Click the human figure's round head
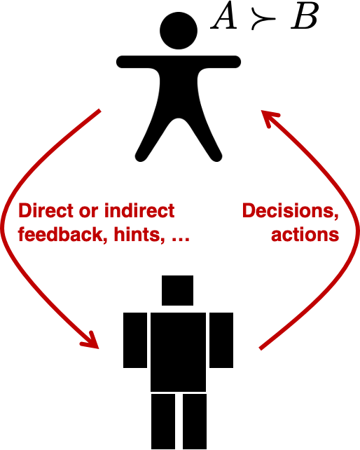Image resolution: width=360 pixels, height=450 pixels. (x=179, y=30)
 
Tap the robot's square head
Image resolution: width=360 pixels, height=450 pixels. (x=177, y=290)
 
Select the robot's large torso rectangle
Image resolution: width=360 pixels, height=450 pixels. (x=178, y=352)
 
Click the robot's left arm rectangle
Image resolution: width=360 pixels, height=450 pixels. (x=135, y=341)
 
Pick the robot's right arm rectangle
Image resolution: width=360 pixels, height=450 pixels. (x=221, y=341)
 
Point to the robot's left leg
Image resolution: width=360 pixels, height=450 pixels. (x=163, y=421)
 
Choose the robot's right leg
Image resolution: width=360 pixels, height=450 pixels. (x=195, y=421)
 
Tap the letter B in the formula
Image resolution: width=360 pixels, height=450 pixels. (x=304, y=18)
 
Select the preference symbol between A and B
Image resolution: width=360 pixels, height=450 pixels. (x=263, y=20)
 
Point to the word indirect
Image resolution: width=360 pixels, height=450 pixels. (x=139, y=211)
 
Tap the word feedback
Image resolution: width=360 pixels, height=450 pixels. (x=60, y=235)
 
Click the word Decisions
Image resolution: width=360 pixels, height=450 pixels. (x=291, y=211)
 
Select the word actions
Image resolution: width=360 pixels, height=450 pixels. (x=305, y=235)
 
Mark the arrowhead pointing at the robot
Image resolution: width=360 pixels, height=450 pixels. (x=90, y=341)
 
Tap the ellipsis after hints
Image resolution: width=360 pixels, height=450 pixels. (x=180, y=240)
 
